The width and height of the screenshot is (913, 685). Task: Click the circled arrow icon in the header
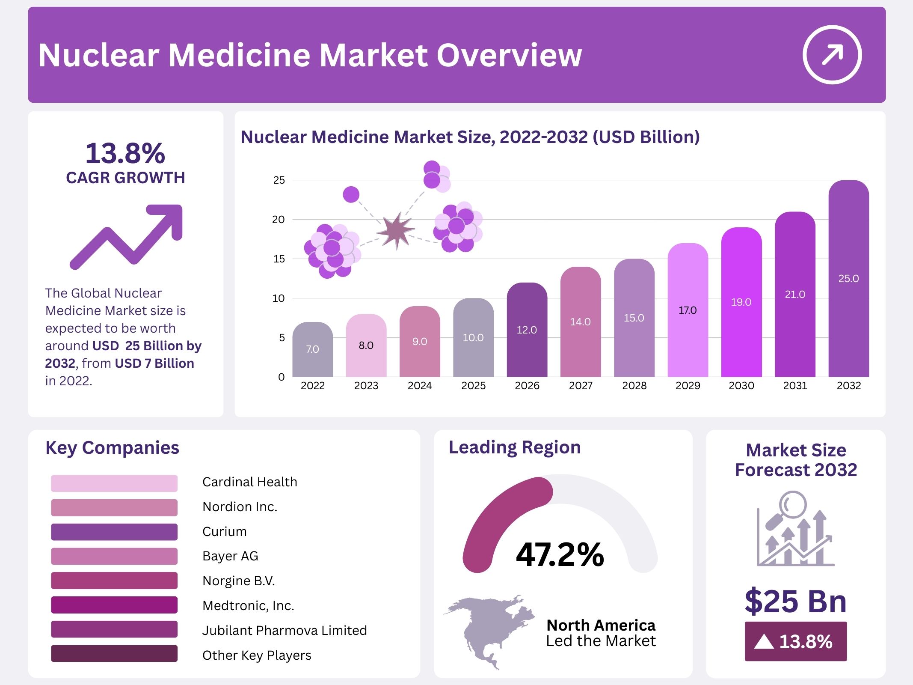832,55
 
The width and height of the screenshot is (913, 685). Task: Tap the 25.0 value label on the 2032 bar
848,279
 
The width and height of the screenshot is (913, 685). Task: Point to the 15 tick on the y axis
279,259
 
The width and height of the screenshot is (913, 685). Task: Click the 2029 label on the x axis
688,386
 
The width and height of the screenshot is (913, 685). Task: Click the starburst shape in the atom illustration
396,231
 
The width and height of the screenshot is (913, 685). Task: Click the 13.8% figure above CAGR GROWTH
125,153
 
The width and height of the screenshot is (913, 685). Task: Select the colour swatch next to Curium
114,532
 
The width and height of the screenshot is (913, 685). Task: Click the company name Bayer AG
230,556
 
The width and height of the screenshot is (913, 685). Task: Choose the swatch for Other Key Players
114,654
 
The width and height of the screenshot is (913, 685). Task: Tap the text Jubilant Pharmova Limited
285,630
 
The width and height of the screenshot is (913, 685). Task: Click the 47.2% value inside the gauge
560,555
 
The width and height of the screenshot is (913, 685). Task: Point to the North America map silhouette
488,629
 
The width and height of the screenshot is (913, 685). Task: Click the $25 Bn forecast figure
795,601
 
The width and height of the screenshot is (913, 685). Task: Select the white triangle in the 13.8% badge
764,642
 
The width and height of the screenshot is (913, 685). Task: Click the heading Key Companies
112,448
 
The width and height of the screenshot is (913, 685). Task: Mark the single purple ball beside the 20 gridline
351,194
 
